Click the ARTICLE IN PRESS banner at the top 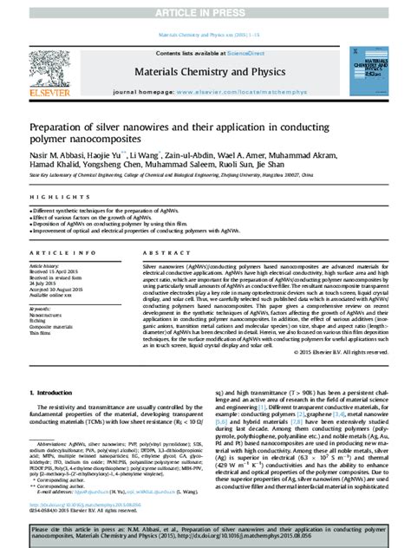point(205,12)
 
